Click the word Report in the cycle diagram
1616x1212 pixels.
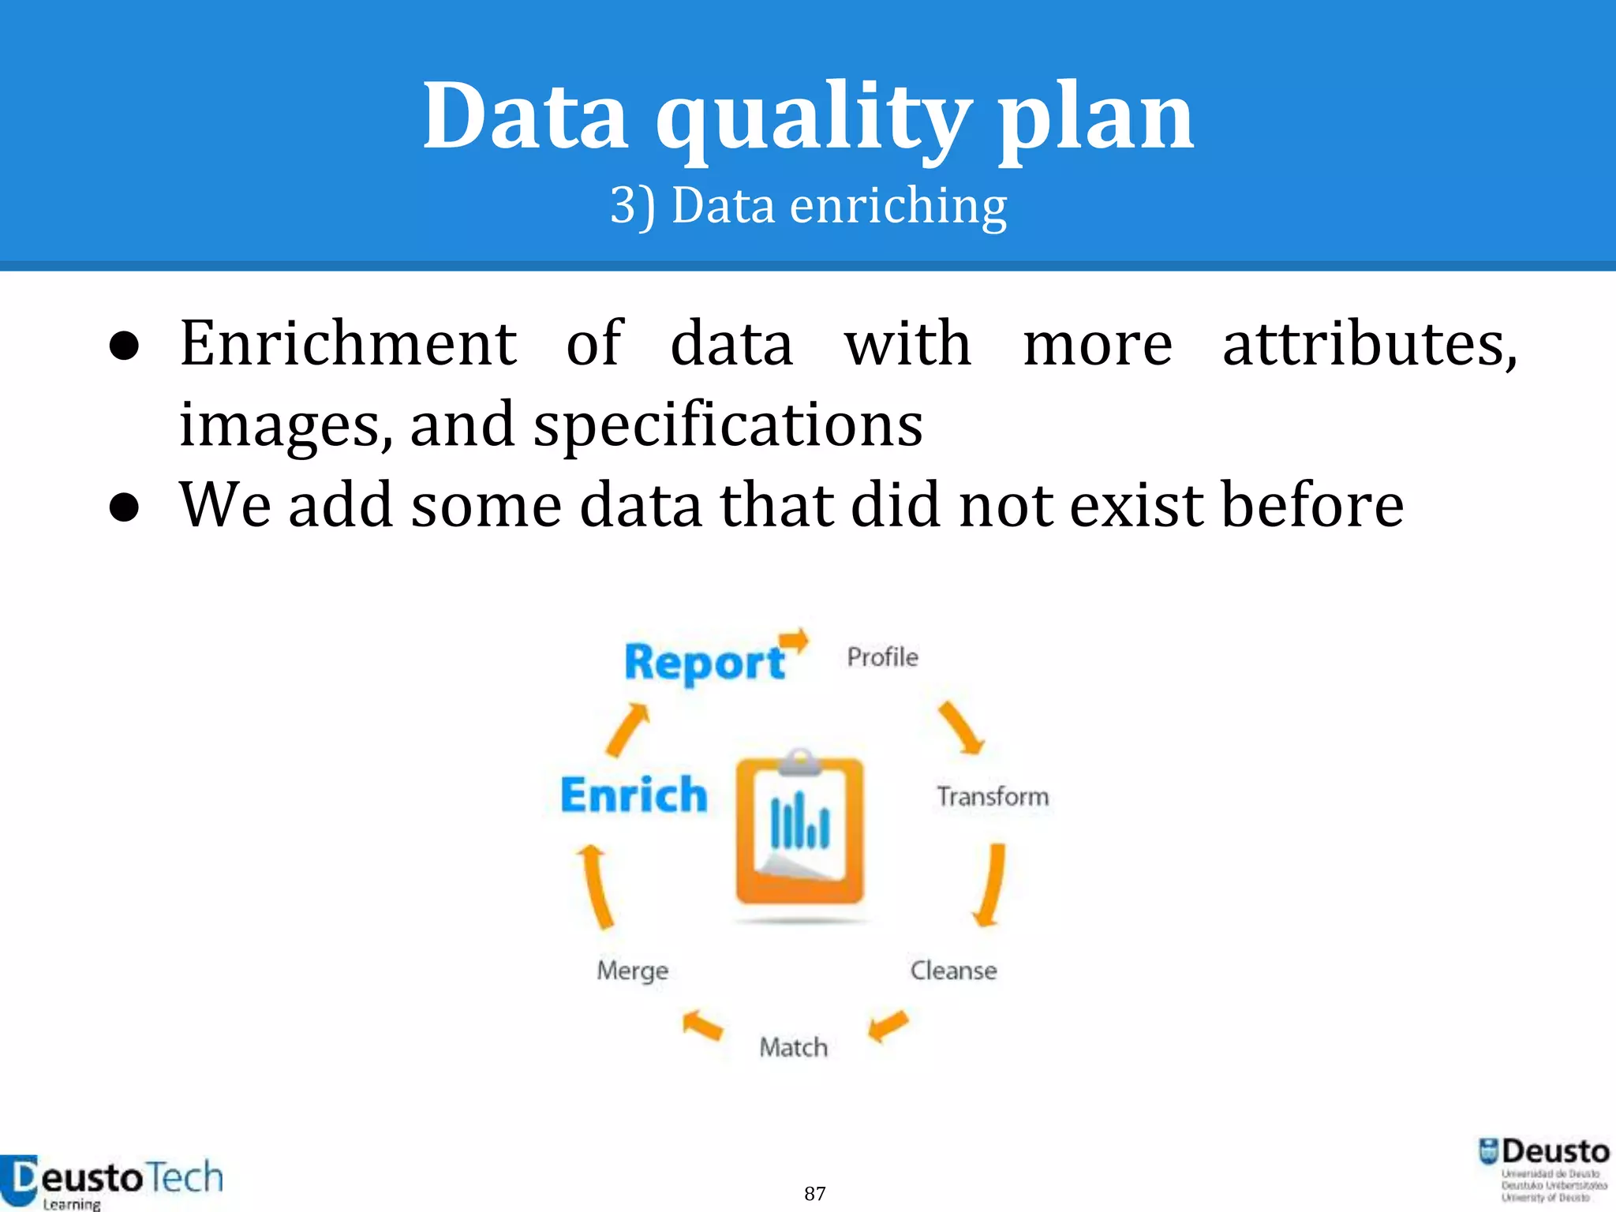pyautogui.click(x=704, y=662)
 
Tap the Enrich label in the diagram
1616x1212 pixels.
pyautogui.click(x=634, y=795)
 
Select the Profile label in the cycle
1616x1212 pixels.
pyautogui.click(x=882, y=657)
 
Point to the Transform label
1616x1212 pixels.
pyautogui.click(x=993, y=796)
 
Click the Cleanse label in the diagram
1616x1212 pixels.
pyautogui.click(x=953, y=970)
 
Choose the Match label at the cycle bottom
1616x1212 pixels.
pyautogui.click(x=793, y=1047)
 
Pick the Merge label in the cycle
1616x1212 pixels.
pyautogui.click(x=632, y=970)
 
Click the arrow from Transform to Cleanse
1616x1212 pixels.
pyautogui.click(x=991, y=884)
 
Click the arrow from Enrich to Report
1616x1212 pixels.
pyautogui.click(x=628, y=730)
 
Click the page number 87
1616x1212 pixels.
pyautogui.click(x=814, y=1193)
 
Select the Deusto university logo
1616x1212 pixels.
pyautogui.click(x=1543, y=1169)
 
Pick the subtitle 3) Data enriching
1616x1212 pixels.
pyautogui.click(x=808, y=205)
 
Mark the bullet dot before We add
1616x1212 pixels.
pyautogui.click(x=125, y=507)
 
